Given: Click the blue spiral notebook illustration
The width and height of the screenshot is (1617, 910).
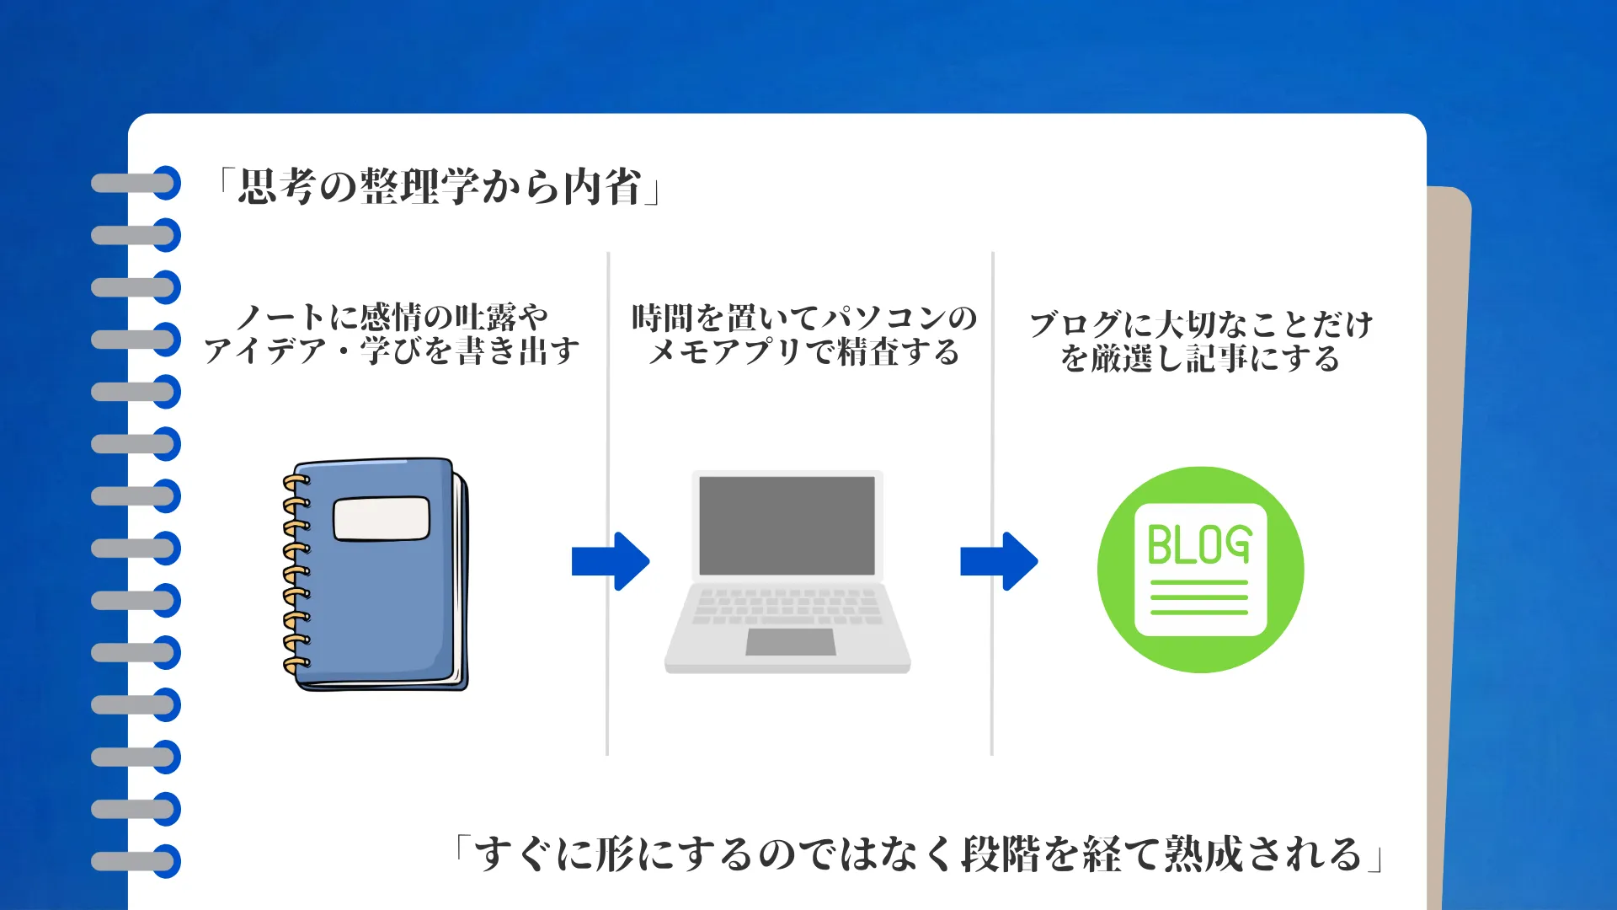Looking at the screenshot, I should click(376, 574).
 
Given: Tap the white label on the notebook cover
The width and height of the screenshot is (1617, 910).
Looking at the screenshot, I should click(382, 518).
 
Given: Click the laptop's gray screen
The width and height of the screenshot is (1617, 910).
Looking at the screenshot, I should click(787, 525).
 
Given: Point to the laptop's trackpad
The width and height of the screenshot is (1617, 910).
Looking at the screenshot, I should click(790, 642).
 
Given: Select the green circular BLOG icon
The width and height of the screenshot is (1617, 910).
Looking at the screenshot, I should click(1200, 570).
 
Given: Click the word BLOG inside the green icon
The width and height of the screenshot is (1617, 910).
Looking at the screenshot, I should click(1199, 544).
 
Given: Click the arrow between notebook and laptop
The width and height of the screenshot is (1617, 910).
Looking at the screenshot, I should click(611, 561).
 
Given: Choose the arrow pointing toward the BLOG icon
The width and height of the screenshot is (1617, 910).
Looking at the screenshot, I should click(999, 561).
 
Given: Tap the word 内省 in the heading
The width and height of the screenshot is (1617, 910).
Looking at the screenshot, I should click(603, 187).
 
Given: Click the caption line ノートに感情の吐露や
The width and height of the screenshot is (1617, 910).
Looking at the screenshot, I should click(392, 318).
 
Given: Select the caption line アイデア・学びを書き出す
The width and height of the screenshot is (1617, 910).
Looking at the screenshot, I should click(392, 351).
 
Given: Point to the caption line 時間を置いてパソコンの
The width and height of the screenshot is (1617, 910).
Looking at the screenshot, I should click(804, 318).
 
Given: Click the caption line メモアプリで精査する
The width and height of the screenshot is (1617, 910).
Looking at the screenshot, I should click(804, 352).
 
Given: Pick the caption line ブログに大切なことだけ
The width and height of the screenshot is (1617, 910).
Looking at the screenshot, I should click(1201, 324).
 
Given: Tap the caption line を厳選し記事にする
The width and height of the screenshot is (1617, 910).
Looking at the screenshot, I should click(1201, 359).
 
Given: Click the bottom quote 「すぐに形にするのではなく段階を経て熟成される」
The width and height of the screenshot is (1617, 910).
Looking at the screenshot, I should click(918, 854).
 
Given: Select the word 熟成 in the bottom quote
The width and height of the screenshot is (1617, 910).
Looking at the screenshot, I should click(1204, 854).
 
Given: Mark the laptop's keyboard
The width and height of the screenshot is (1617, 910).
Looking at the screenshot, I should click(787, 607).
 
